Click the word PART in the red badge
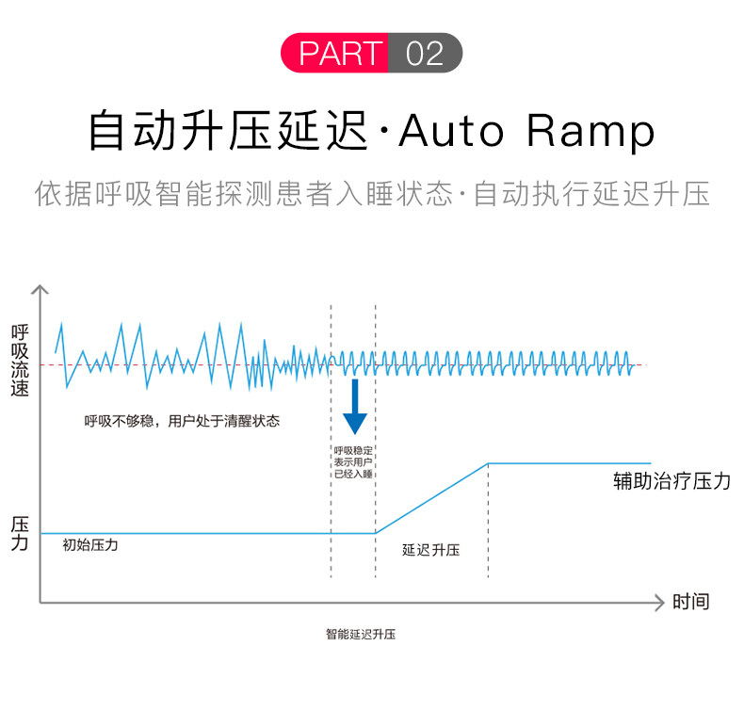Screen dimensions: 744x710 (341, 53)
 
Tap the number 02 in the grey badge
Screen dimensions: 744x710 (424, 53)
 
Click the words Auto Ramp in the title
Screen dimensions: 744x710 (526, 131)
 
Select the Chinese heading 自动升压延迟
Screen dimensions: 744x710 (227, 131)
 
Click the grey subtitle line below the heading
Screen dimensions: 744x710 (372, 194)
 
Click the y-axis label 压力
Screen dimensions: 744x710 (20, 533)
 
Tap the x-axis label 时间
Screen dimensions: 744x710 (690, 601)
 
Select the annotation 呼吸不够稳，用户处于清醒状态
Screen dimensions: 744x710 (182, 421)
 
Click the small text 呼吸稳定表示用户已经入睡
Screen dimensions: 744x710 (353, 461)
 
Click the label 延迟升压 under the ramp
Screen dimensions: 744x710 (430, 550)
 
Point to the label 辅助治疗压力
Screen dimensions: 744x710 (671, 482)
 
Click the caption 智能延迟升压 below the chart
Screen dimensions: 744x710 (361, 634)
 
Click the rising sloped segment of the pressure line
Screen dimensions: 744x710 (430, 498)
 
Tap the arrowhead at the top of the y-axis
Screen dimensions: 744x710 (40, 288)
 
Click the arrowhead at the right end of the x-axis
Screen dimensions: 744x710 (658, 599)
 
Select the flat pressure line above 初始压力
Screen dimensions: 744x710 (188, 533)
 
